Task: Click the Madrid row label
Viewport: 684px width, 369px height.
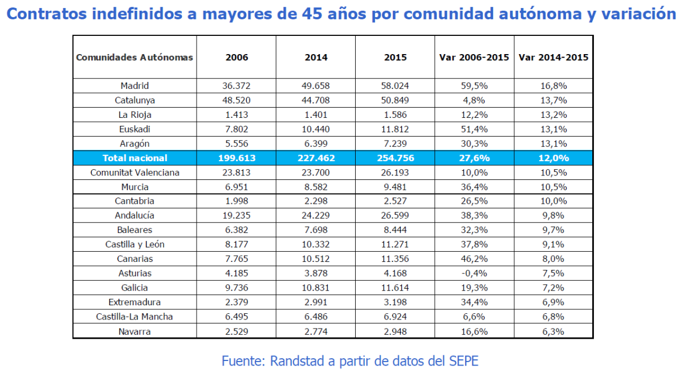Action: (135, 86)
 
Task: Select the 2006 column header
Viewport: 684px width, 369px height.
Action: (237, 58)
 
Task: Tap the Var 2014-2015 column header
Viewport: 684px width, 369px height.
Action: (553, 58)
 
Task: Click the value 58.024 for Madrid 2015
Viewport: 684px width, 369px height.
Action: (395, 86)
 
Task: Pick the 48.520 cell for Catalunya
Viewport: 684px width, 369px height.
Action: (237, 100)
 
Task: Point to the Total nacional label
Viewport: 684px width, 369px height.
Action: (135, 158)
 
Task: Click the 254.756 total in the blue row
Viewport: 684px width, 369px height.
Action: (395, 158)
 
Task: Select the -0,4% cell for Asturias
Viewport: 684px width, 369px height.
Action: (474, 273)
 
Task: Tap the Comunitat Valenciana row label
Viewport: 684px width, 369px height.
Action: (135, 173)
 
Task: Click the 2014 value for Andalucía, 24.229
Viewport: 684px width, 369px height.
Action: (316, 216)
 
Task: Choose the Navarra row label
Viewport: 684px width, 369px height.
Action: (135, 331)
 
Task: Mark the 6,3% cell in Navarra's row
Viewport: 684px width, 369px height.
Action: (553, 331)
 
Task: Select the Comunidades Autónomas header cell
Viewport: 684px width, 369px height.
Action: (135, 58)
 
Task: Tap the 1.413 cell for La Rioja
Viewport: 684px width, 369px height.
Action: (237, 114)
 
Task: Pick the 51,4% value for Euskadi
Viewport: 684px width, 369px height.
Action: (474, 129)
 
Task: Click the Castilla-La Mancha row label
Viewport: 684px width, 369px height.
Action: (135, 317)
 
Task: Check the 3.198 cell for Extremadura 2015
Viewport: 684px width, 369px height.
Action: (395, 302)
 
